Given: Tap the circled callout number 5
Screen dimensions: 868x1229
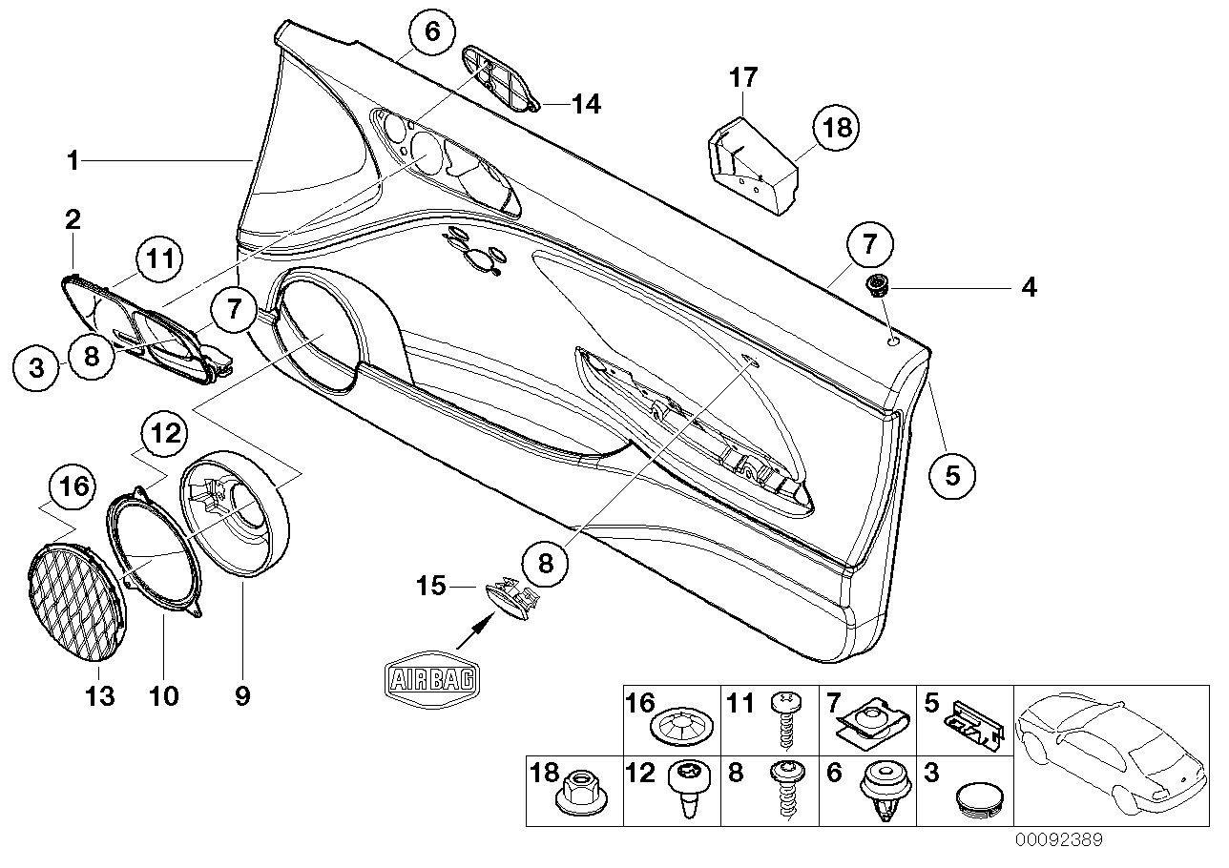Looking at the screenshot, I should click(x=952, y=474).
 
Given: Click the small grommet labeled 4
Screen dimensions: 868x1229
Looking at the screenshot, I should click(x=876, y=283).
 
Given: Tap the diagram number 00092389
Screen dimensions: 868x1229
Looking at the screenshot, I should click(x=1058, y=840).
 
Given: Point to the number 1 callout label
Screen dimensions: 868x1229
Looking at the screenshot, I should click(x=73, y=161).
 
